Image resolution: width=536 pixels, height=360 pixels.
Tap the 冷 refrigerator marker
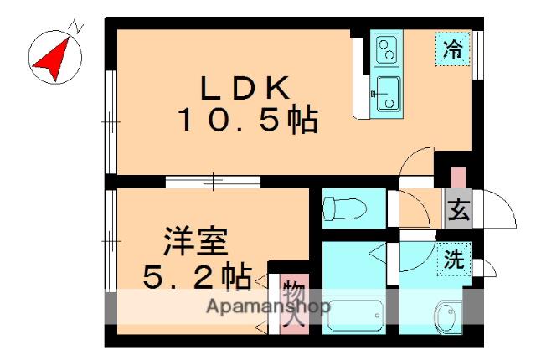coord(452,49)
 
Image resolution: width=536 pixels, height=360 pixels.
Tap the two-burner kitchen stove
coord(386,51)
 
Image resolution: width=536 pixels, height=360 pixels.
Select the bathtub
coord(352,314)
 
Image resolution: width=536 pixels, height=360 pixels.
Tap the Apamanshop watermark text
coord(267,306)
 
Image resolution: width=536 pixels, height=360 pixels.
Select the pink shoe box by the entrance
coord(458,178)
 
